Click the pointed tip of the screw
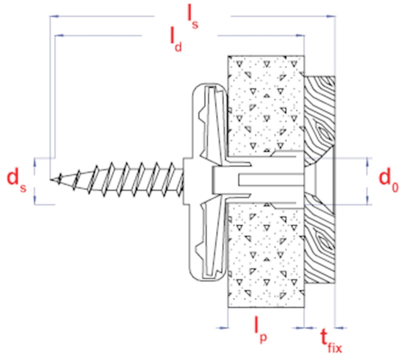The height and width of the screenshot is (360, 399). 51,179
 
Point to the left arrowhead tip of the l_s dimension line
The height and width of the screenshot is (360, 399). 50,16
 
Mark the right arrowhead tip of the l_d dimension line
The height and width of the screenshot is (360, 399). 304,35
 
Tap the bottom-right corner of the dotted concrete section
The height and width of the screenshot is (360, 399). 304,307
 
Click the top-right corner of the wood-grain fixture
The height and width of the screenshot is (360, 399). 335,76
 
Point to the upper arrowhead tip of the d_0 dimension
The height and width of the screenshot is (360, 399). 367,158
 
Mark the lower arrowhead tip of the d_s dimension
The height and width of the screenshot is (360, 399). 35,205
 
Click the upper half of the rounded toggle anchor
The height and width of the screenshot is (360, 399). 209,122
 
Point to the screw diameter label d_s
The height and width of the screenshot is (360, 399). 16,180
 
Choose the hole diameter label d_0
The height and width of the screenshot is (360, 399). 388,179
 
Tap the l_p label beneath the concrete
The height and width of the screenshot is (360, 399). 261,330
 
